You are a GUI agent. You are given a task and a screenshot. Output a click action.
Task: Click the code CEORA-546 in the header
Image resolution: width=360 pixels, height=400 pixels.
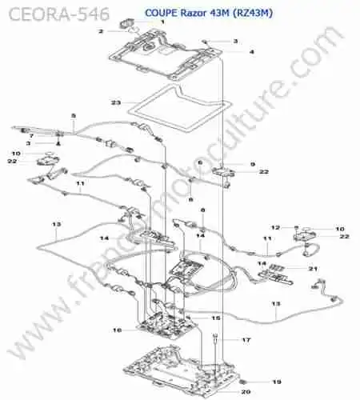pyautogui.click(x=59, y=14)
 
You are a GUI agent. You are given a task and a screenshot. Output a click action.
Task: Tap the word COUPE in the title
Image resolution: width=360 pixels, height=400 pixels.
pyautogui.click(x=161, y=13)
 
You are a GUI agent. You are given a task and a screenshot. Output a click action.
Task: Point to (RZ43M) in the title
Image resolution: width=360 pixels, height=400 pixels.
pyautogui.click(x=253, y=13)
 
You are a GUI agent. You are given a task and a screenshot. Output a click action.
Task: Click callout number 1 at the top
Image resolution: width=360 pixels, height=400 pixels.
pyautogui.click(x=162, y=22)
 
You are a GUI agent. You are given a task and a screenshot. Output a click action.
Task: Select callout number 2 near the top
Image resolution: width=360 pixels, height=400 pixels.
pyautogui.click(x=101, y=31)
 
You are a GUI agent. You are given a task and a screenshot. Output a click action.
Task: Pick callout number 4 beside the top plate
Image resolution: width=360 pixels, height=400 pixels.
pyautogui.click(x=251, y=52)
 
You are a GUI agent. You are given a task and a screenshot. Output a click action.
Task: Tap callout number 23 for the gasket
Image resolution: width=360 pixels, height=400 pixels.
pyautogui.click(x=116, y=102)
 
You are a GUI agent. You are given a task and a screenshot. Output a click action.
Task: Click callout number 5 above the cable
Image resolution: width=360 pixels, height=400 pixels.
pyautogui.click(x=74, y=116)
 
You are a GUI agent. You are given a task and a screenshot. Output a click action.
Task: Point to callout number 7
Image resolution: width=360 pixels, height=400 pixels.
pyautogui.click(x=31, y=136)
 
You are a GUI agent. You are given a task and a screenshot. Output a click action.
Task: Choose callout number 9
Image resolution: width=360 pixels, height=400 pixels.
pyautogui.click(x=253, y=164)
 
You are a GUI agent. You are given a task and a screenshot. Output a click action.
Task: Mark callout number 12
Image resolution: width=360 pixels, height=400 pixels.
pyautogui.click(x=275, y=227)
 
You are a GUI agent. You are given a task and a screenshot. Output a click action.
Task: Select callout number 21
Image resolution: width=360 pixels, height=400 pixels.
pyautogui.click(x=313, y=269)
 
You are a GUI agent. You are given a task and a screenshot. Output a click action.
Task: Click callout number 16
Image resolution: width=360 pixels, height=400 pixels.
pyautogui.click(x=118, y=330)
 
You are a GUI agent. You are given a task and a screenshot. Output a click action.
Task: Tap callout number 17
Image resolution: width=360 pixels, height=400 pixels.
pyautogui.click(x=246, y=340)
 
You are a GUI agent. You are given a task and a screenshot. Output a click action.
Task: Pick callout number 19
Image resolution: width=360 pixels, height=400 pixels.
pyautogui.click(x=277, y=382)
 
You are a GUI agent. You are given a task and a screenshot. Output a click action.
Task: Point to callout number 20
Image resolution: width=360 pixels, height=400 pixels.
pyautogui.click(x=246, y=392)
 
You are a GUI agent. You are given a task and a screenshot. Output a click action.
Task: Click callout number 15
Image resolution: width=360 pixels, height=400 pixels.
pyautogui.click(x=215, y=318)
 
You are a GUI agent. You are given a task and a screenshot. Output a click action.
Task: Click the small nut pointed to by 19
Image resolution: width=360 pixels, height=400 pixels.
pyautogui.click(x=242, y=382)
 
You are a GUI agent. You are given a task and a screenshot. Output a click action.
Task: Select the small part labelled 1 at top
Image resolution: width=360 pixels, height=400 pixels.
pyautogui.click(x=126, y=23)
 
